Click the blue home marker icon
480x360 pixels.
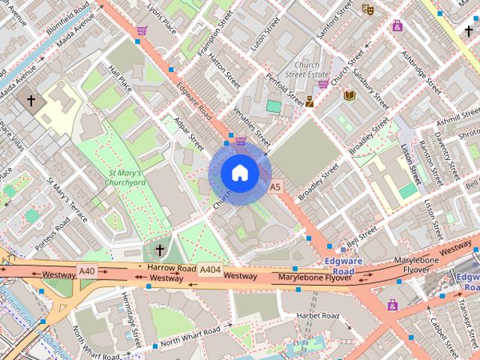[239, 172]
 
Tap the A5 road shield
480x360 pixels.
[275, 187]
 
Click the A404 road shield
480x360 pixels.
[211, 269]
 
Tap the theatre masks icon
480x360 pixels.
[367, 9]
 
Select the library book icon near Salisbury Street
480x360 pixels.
[349, 95]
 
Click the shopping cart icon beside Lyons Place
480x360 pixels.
[142, 31]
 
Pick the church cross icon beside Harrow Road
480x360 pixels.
[158, 249]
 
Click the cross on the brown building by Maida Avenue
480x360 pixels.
[31, 100]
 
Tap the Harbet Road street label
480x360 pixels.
[319, 315]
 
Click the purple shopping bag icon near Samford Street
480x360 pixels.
[397, 25]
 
